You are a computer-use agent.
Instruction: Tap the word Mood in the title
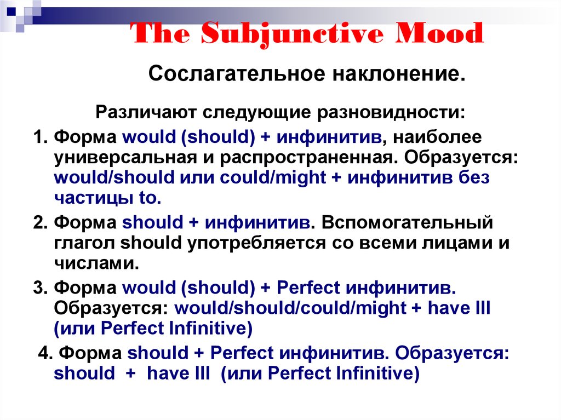(439, 33)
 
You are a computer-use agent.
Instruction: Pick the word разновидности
(391, 112)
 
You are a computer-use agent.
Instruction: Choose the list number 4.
(45, 353)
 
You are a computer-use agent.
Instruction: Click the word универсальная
(125, 158)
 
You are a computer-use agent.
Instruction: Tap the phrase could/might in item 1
(273, 178)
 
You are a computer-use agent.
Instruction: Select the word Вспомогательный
(407, 222)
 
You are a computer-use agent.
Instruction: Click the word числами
(96, 264)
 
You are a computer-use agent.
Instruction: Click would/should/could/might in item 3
(290, 308)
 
